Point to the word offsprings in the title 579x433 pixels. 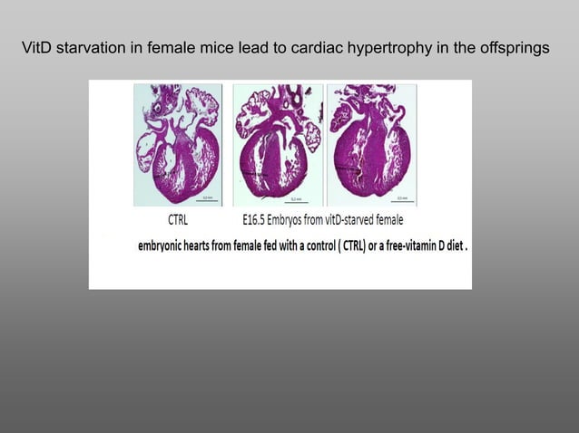512,47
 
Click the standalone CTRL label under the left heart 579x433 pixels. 178,220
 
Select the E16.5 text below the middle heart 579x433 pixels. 259,220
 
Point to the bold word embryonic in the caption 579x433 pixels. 170,245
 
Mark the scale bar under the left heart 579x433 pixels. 206,200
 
